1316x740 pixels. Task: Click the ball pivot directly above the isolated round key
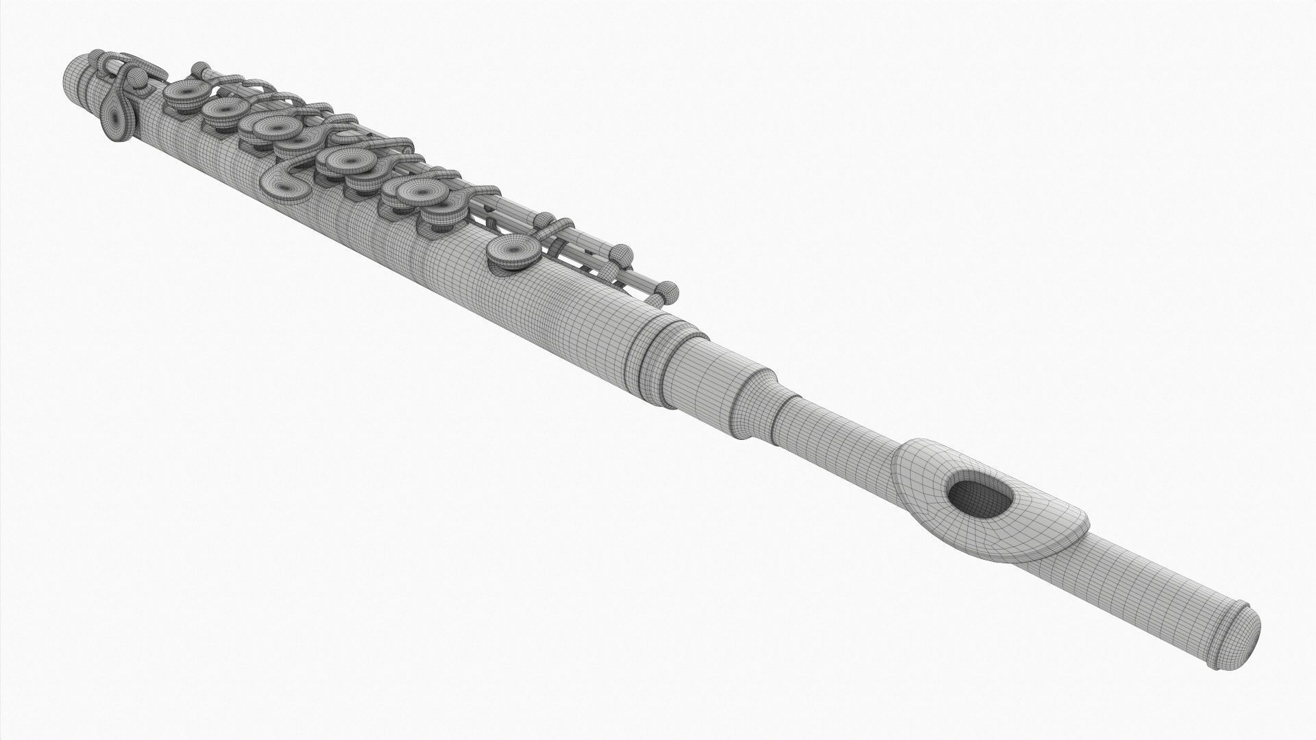pos(541,220)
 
